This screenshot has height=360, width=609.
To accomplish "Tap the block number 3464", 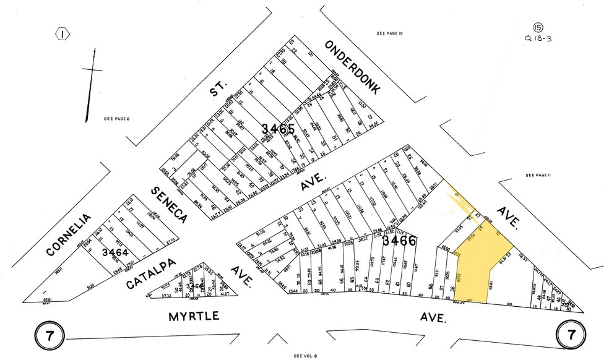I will [x=114, y=252].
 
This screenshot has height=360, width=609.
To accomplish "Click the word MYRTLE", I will [x=194, y=316].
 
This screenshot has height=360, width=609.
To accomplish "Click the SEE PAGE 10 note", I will [x=390, y=33].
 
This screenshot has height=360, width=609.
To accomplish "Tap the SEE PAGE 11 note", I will [x=538, y=175].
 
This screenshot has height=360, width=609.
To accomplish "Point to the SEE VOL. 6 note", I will [x=305, y=356].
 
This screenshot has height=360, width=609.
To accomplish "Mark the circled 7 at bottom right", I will [x=571, y=335].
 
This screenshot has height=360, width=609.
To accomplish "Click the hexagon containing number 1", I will [x=63, y=34].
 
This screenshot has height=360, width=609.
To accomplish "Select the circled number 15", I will [x=538, y=27].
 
